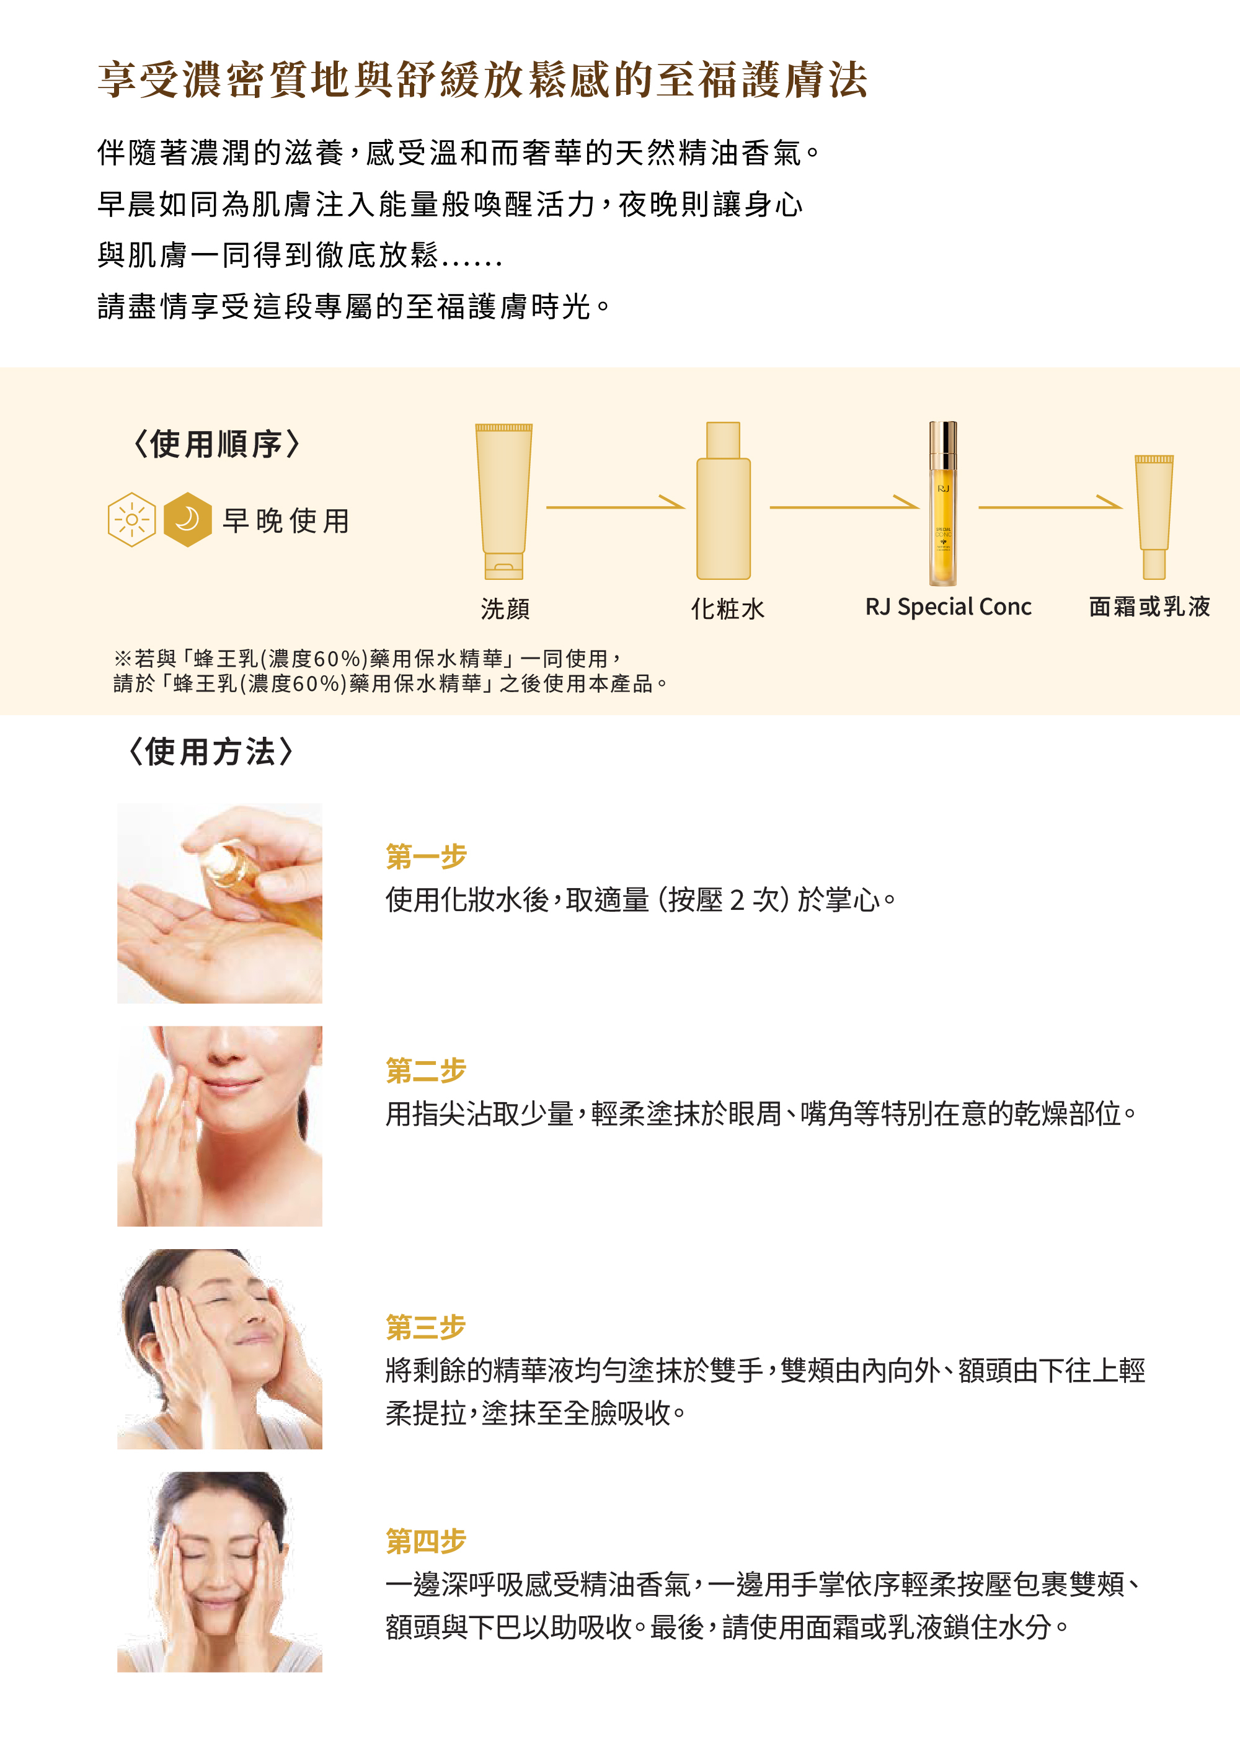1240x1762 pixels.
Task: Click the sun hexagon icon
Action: [132, 520]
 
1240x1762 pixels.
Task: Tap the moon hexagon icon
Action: [188, 520]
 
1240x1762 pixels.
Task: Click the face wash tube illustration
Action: [503, 501]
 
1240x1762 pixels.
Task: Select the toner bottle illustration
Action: [723, 501]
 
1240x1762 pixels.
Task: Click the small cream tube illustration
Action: [1154, 517]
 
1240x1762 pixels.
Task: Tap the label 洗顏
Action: [505, 608]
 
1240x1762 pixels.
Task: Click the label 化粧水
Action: [727, 608]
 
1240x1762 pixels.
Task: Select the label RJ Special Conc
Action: [949, 607]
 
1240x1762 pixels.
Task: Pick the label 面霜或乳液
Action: [1149, 607]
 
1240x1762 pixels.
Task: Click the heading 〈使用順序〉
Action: [216, 443]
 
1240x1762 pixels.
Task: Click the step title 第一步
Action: [426, 857]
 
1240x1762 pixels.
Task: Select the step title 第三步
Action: [426, 1327]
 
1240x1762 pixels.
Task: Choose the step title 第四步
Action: [426, 1541]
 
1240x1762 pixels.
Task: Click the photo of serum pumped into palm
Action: [219, 903]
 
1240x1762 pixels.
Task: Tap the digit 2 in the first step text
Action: [737, 899]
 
